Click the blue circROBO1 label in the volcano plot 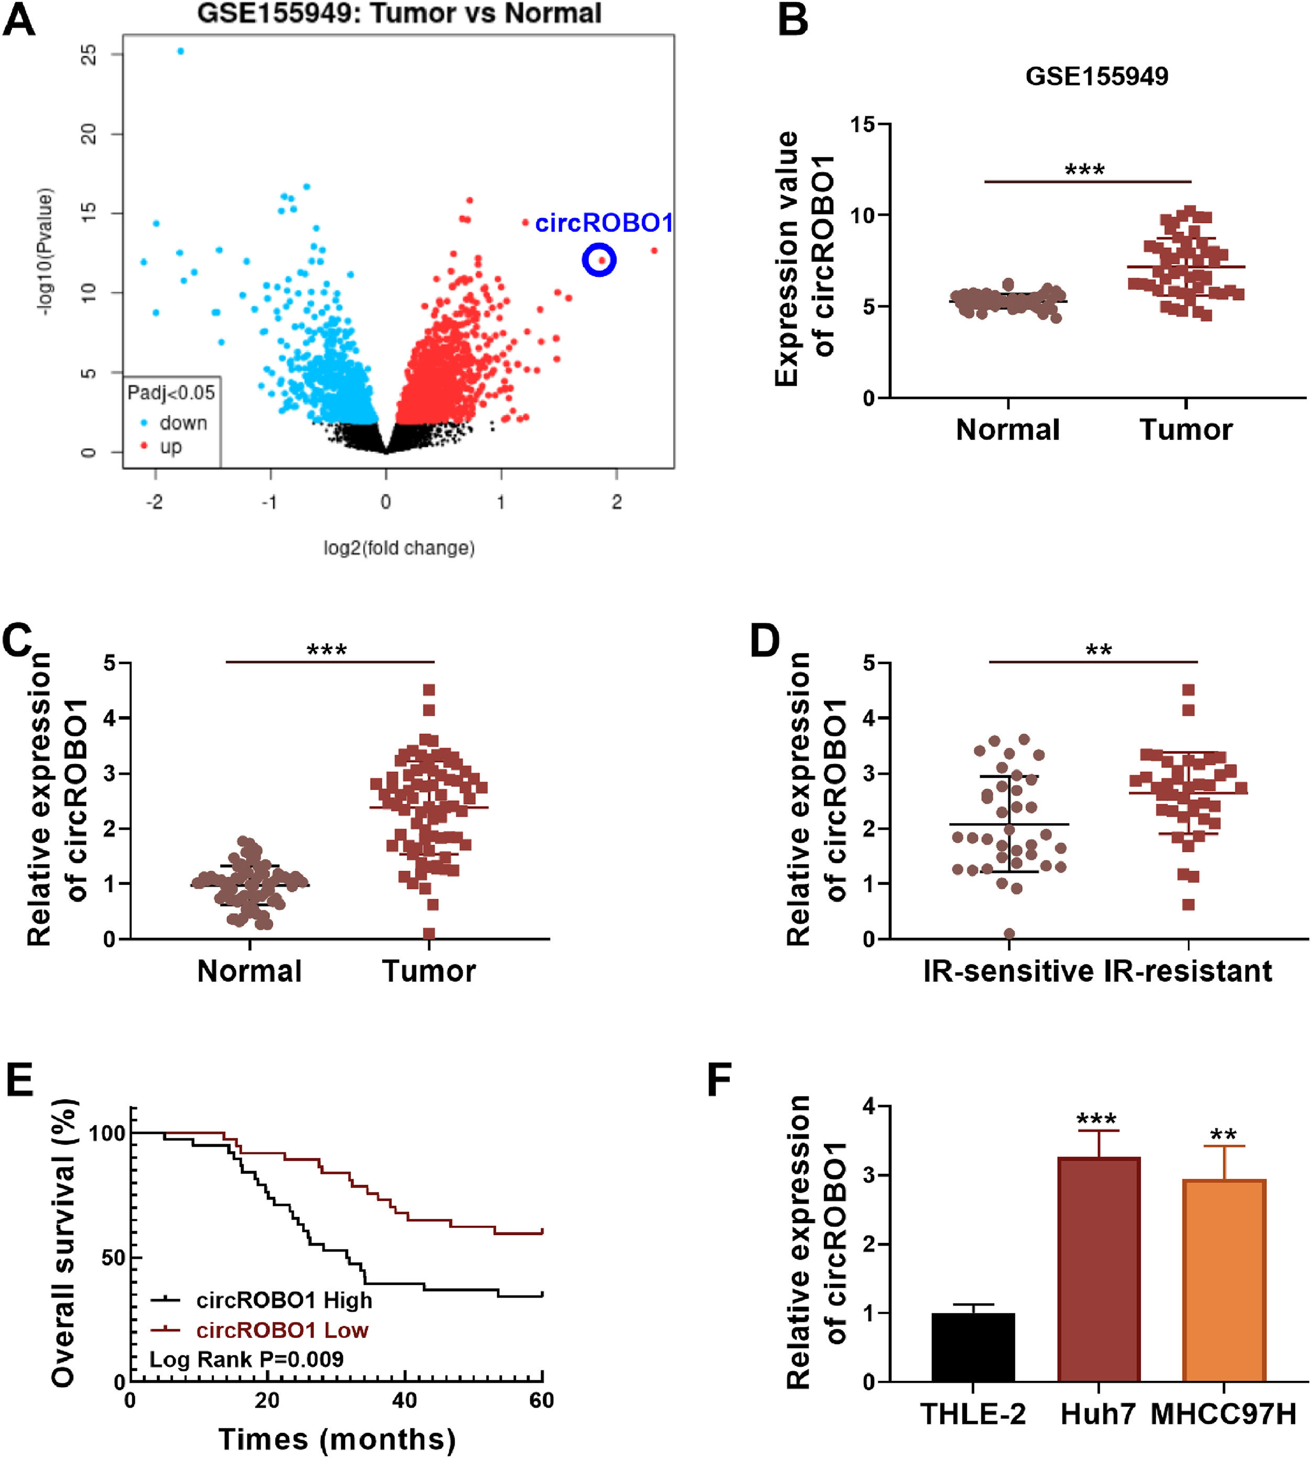(x=604, y=223)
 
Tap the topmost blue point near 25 (x=181, y=51)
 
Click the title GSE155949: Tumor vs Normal (x=399, y=14)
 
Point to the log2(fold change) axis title (x=399, y=548)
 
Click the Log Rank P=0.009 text (x=246, y=1359)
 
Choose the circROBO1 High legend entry (x=284, y=1300)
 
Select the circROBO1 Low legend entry (x=282, y=1330)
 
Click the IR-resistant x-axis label (x=1188, y=971)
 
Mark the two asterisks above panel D (x=1099, y=650)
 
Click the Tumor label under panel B (x=1186, y=430)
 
